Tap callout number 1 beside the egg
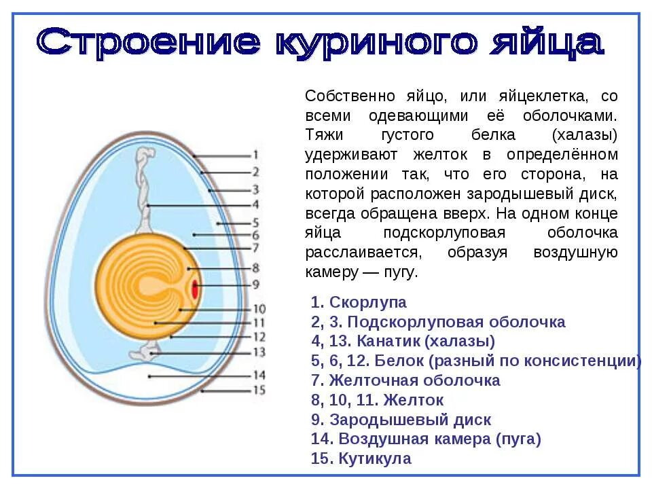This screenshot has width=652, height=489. (x=255, y=155)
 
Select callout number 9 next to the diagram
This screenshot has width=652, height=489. (x=255, y=284)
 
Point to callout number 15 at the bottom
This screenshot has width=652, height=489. (x=258, y=390)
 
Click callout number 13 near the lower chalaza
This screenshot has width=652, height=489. (x=258, y=352)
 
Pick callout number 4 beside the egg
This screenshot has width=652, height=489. (x=255, y=204)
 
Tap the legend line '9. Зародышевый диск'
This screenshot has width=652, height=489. (x=401, y=420)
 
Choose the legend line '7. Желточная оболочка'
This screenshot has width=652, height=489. (x=405, y=380)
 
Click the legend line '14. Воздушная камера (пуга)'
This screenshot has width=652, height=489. (x=426, y=439)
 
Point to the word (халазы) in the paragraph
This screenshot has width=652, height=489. (x=585, y=134)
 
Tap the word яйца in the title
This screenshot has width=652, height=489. (x=544, y=42)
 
